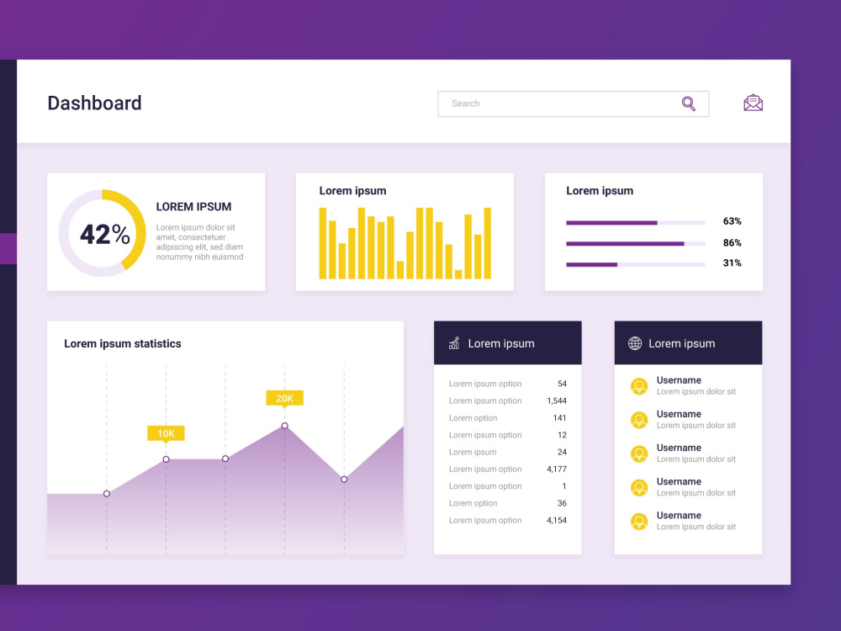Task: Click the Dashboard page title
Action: [x=94, y=103]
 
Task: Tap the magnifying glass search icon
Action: [x=688, y=103]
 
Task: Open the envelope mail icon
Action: [x=753, y=103]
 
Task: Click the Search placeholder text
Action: [x=465, y=103]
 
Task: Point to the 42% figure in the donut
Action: [x=104, y=234]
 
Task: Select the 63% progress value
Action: [x=732, y=221]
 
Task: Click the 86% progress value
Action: [x=732, y=243]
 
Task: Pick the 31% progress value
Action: [x=732, y=263]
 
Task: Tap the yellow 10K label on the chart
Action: [x=166, y=433]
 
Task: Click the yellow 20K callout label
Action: [x=284, y=398]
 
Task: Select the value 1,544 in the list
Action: [x=556, y=401]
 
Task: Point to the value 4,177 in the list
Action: [x=556, y=469]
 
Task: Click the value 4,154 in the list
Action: [x=556, y=521]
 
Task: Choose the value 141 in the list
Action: [x=559, y=418]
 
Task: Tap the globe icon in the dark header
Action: [x=635, y=343]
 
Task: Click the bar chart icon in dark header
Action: [x=454, y=343]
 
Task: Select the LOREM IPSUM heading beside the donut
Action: [x=193, y=207]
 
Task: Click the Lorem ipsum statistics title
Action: [x=123, y=344]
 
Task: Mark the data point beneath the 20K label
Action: [x=284, y=426]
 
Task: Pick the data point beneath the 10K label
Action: [x=166, y=459]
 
